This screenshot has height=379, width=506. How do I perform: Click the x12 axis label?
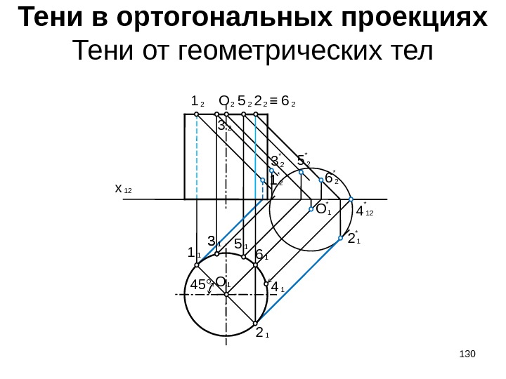click(x=122, y=189)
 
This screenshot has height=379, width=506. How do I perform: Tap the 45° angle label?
click(x=201, y=285)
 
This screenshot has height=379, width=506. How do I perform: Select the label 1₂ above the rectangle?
click(x=197, y=102)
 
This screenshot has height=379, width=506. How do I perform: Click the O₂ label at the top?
click(x=226, y=102)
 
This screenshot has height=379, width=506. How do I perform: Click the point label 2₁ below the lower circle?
click(x=262, y=332)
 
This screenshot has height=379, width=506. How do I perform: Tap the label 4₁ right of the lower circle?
click(x=278, y=287)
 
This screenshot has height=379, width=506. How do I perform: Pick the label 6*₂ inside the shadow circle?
click(x=331, y=178)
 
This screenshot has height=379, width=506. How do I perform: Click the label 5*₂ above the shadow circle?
click(x=304, y=161)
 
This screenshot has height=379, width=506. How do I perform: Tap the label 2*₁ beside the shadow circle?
click(x=353, y=239)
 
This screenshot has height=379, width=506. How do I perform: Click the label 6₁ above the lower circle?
click(x=261, y=255)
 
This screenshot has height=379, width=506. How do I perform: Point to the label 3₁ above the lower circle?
click(x=214, y=243)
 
